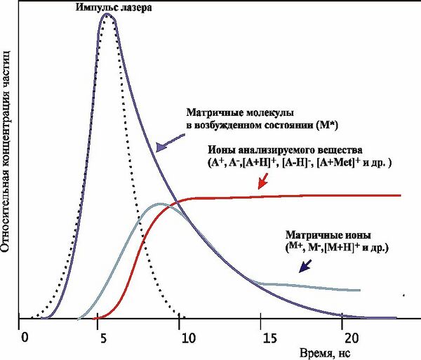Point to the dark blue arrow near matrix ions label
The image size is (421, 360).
(x=307, y=265)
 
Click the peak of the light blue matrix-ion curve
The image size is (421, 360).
(x=160, y=204)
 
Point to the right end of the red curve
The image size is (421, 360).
(x=400, y=195)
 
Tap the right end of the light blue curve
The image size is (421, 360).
(x=360, y=290)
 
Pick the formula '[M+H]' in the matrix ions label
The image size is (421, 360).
(x=333, y=248)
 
